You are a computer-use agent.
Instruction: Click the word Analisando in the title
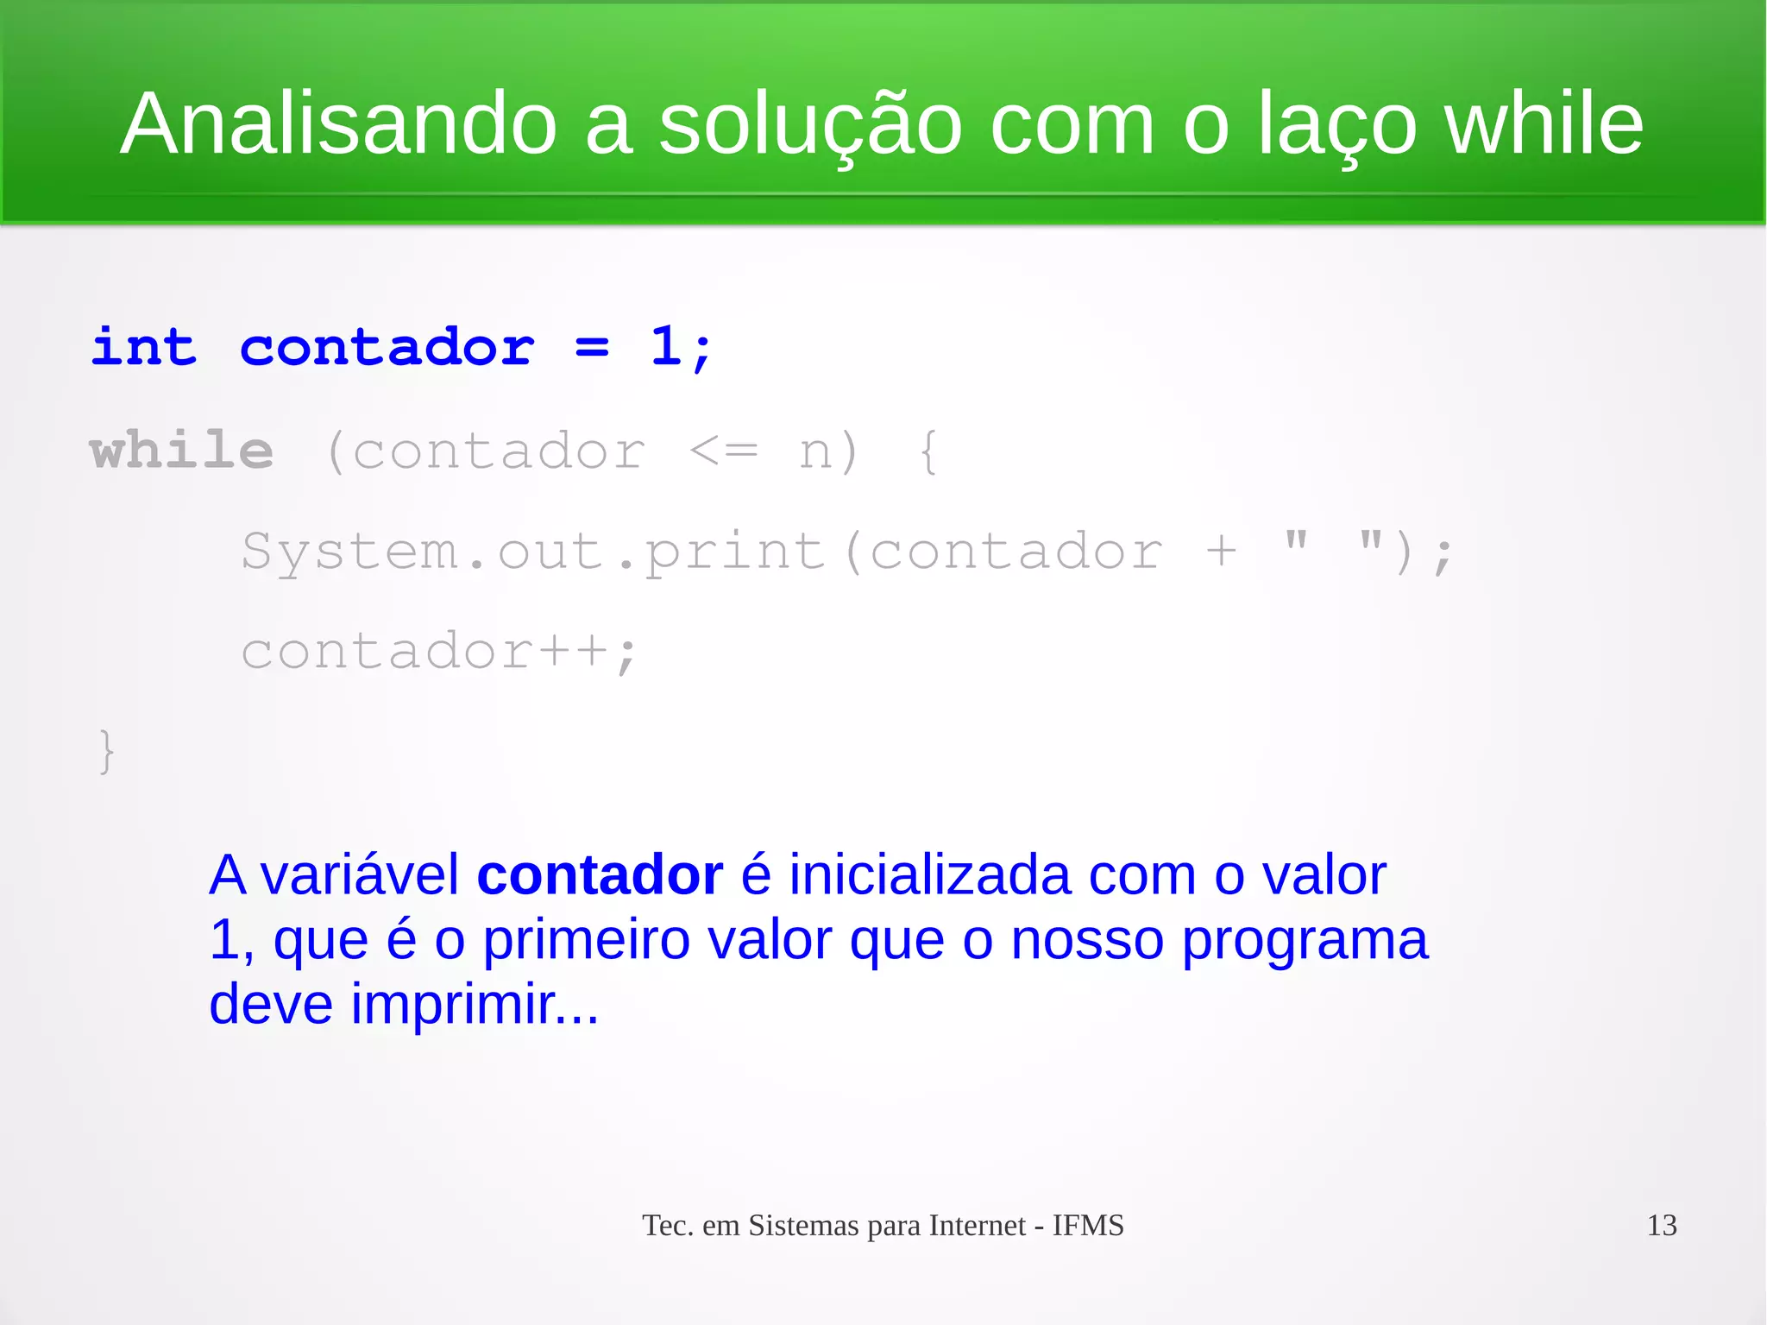[x=338, y=124]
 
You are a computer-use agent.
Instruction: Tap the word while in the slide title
[x=1544, y=124]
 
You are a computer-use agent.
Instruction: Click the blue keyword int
[x=143, y=348]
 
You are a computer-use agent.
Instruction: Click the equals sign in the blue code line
[x=592, y=349]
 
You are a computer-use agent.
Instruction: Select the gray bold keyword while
[x=181, y=451]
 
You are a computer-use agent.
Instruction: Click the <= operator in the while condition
[x=723, y=451]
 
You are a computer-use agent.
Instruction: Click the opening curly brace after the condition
[x=928, y=451]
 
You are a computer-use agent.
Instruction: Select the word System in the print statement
[x=349, y=552]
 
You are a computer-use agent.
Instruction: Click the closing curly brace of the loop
[x=106, y=751]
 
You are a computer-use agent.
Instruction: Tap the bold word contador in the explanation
[x=599, y=875]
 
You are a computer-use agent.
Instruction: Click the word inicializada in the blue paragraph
[x=930, y=875]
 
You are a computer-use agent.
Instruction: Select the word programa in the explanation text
[x=1304, y=941]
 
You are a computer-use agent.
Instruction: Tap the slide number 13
[x=1661, y=1225]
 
